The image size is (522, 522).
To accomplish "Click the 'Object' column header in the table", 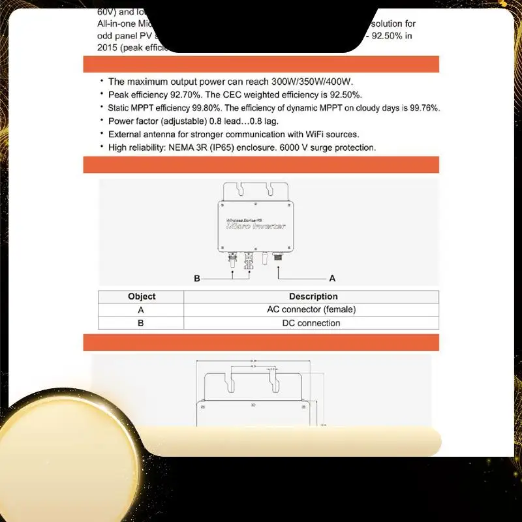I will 142,296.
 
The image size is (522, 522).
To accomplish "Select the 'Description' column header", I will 313,296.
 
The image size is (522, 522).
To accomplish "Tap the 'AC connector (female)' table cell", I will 311,309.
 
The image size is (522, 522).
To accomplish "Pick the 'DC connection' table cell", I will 311,323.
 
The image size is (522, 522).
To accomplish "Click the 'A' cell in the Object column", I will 141,309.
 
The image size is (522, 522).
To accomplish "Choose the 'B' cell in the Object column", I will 141,323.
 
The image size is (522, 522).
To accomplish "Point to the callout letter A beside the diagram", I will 332,279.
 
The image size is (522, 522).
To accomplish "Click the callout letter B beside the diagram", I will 196,279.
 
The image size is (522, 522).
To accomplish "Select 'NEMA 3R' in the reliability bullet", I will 194,147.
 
